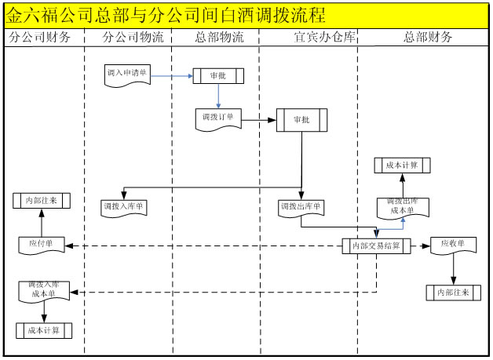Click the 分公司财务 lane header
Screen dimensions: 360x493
(x=43, y=38)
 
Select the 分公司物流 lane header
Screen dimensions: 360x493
(x=129, y=38)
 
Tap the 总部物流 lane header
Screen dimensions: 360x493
(x=217, y=38)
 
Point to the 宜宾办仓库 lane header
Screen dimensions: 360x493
(x=308, y=38)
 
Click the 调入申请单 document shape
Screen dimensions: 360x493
(x=126, y=74)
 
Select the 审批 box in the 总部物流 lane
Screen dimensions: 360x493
(x=217, y=76)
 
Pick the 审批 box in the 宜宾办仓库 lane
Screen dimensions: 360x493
(x=301, y=120)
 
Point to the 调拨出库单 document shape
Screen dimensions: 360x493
(x=301, y=207)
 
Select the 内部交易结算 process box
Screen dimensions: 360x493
(x=376, y=246)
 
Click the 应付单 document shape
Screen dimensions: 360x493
(x=42, y=245)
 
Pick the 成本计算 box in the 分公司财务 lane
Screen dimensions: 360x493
(x=43, y=330)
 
